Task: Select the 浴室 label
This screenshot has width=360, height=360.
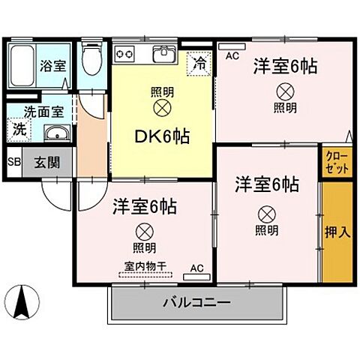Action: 53,65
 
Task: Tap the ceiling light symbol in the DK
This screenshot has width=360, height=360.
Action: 162,107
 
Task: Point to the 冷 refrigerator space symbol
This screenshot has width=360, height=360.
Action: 199,63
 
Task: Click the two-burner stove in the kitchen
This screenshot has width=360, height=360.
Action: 124,53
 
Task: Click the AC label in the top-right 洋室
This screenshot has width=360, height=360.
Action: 232,55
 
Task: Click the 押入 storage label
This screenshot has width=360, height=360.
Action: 337,231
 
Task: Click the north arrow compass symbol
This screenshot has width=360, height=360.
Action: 23,301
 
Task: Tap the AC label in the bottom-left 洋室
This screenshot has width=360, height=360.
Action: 197,268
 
